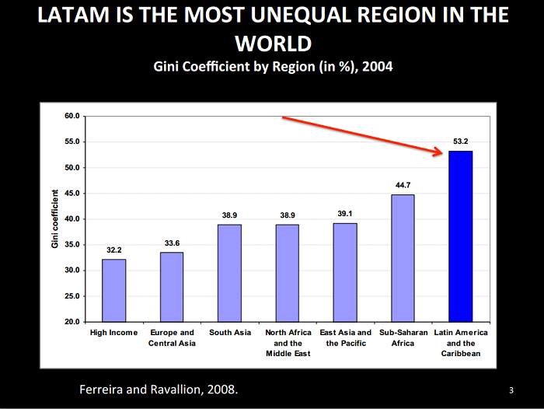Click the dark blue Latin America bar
pyautogui.click(x=460, y=236)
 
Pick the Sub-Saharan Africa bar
pyautogui.click(x=403, y=257)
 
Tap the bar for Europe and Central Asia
pyautogui.click(x=171, y=286)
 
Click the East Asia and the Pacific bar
pyautogui.click(x=344, y=272)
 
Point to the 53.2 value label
pyautogui.click(x=460, y=142)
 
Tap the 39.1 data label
pyautogui.click(x=344, y=214)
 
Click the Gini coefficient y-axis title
pyautogui.click(x=55, y=218)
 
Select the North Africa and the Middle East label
pyautogui.click(x=287, y=343)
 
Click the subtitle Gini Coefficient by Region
pyautogui.click(x=272, y=67)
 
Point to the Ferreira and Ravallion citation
pyautogui.click(x=159, y=389)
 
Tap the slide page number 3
pyautogui.click(x=511, y=390)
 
